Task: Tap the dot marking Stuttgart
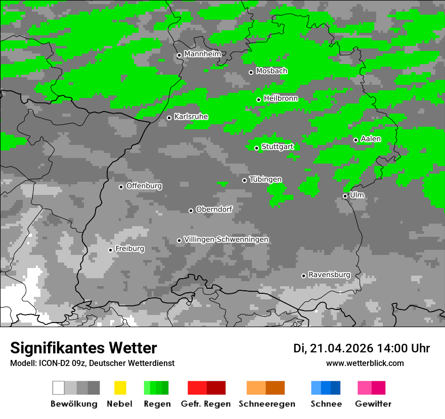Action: point(256,148)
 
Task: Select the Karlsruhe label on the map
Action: point(191,117)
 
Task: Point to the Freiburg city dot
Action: point(110,250)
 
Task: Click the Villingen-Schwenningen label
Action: point(226,239)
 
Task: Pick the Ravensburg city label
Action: point(329,275)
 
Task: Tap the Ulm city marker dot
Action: point(345,196)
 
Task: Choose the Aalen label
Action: point(371,139)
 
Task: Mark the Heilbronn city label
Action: point(281,98)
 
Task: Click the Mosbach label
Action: point(272,71)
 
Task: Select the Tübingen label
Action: point(265,179)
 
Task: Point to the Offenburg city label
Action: point(144,186)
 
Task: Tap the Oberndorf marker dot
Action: point(191,211)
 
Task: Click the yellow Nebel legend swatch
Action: point(120,388)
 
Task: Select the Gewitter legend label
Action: point(373,404)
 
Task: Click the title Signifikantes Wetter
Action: point(83,348)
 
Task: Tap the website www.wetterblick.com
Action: point(365,363)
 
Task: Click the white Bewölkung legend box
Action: point(59,388)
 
